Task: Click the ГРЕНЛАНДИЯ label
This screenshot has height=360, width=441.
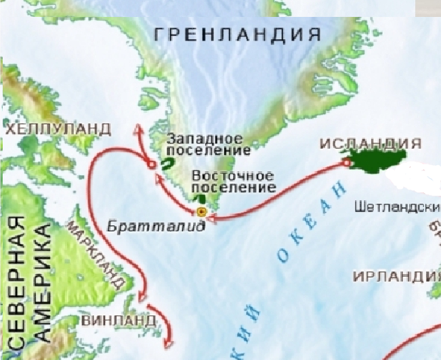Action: (x=236, y=35)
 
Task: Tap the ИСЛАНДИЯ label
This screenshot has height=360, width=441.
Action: (x=370, y=144)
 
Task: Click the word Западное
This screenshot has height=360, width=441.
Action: (x=200, y=137)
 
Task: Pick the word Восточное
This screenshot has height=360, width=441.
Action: (x=232, y=175)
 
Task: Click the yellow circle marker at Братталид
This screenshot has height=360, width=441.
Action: (x=201, y=212)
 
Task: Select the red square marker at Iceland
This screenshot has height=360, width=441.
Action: (x=346, y=163)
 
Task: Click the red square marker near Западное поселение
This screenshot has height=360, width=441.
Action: (x=152, y=164)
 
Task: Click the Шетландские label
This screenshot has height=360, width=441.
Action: (x=397, y=207)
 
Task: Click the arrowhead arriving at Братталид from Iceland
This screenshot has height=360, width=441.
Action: (x=213, y=217)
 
